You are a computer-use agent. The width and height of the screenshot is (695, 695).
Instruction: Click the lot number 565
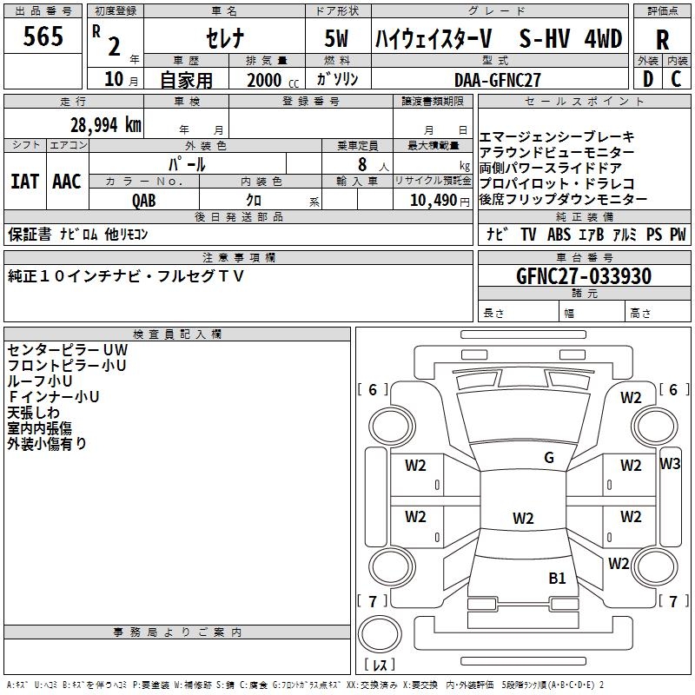[x=43, y=36]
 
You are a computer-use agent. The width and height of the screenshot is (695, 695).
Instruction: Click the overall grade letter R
[x=662, y=40]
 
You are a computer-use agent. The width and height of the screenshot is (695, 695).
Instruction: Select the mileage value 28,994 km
[x=106, y=125]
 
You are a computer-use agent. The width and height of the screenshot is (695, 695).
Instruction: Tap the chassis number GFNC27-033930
[x=584, y=275]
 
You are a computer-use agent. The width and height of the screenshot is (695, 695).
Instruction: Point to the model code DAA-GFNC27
[x=498, y=80]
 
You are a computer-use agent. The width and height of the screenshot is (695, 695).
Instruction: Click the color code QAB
[x=144, y=201]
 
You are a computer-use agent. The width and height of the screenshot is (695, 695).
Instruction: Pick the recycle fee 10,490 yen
[x=440, y=201]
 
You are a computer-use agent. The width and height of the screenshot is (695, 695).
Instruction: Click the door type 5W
[x=336, y=38]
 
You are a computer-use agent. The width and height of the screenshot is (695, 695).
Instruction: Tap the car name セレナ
[x=225, y=38]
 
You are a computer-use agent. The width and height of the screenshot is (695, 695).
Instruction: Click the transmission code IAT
[x=24, y=182]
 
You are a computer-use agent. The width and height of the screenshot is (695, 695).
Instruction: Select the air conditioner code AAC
[x=67, y=182]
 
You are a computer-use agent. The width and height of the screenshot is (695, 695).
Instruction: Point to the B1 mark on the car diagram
[x=557, y=578]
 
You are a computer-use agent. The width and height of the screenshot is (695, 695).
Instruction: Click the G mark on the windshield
[x=549, y=457]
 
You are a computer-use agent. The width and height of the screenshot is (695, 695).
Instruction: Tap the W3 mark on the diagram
[x=670, y=463]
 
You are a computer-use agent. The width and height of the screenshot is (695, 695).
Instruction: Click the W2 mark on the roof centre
[x=523, y=518]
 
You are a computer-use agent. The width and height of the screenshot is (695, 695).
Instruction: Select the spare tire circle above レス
[x=380, y=633]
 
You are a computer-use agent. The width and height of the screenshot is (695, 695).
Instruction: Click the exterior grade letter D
[x=648, y=79]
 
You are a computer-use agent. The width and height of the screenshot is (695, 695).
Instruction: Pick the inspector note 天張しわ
[x=33, y=413]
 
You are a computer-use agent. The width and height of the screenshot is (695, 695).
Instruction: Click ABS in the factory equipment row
[x=559, y=234]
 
